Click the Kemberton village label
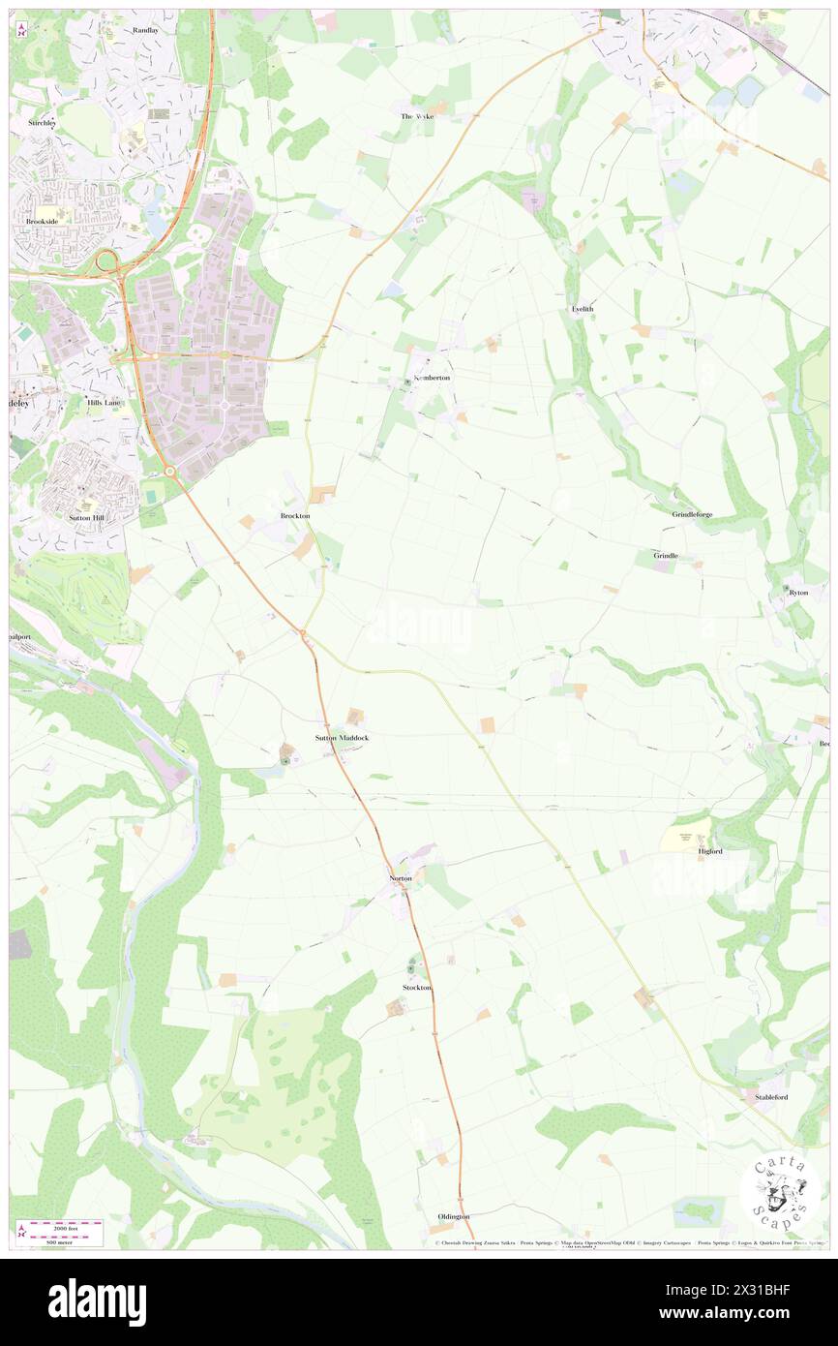[432, 377]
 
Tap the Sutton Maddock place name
[343, 738]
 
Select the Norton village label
[401, 878]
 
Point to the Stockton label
[417, 987]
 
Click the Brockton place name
[295, 516]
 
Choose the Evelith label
[582, 308]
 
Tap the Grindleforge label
[692, 514]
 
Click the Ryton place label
[798, 592]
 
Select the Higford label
[710, 851]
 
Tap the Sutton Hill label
[86, 518]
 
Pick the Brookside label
[43, 222]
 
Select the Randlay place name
[145, 30]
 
